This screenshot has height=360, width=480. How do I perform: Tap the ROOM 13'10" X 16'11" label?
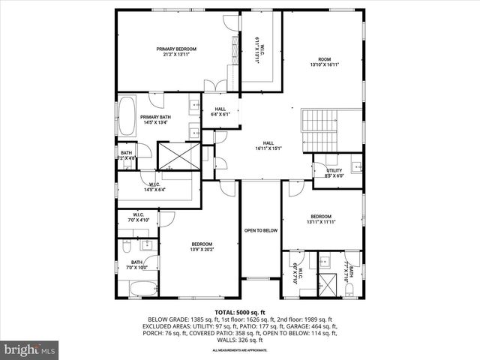click(x=324, y=62)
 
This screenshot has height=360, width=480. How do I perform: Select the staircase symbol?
click(x=320, y=130)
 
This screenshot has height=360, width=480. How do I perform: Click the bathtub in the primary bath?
click(x=127, y=117)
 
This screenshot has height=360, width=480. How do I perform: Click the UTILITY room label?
click(x=334, y=173)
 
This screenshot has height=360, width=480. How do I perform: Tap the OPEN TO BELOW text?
click(x=260, y=230)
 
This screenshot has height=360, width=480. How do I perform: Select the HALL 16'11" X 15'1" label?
click(x=268, y=145)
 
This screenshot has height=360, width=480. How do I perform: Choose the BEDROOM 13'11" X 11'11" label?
click(x=321, y=219)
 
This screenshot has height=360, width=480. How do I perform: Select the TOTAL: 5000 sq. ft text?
click(x=240, y=312)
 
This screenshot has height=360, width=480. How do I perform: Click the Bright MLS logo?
click(x=30, y=349)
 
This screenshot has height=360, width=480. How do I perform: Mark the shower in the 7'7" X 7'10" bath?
click(x=328, y=284)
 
